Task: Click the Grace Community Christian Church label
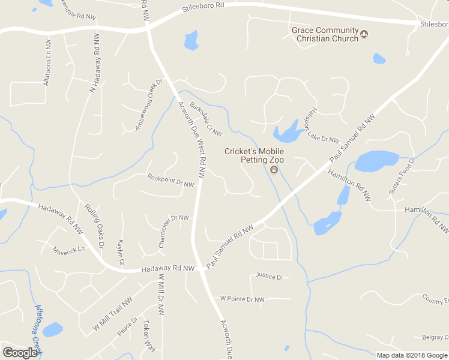[x=325, y=34]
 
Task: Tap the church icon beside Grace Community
[x=364, y=38]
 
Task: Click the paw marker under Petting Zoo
[x=274, y=170]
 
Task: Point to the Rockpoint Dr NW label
[x=171, y=181]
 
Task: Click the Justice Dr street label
[x=269, y=277]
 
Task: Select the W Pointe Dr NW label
[x=242, y=298]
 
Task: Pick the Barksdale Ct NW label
[x=206, y=119]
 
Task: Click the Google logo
[x=20, y=353]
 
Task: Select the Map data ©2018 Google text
[x=411, y=355]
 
